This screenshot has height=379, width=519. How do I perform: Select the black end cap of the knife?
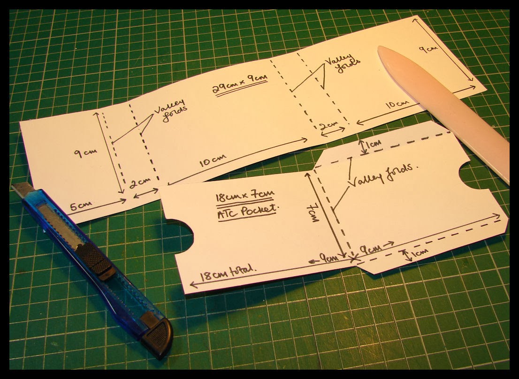(x=156, y=336)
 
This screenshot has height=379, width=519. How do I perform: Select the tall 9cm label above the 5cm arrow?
(x=84, y=153)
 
